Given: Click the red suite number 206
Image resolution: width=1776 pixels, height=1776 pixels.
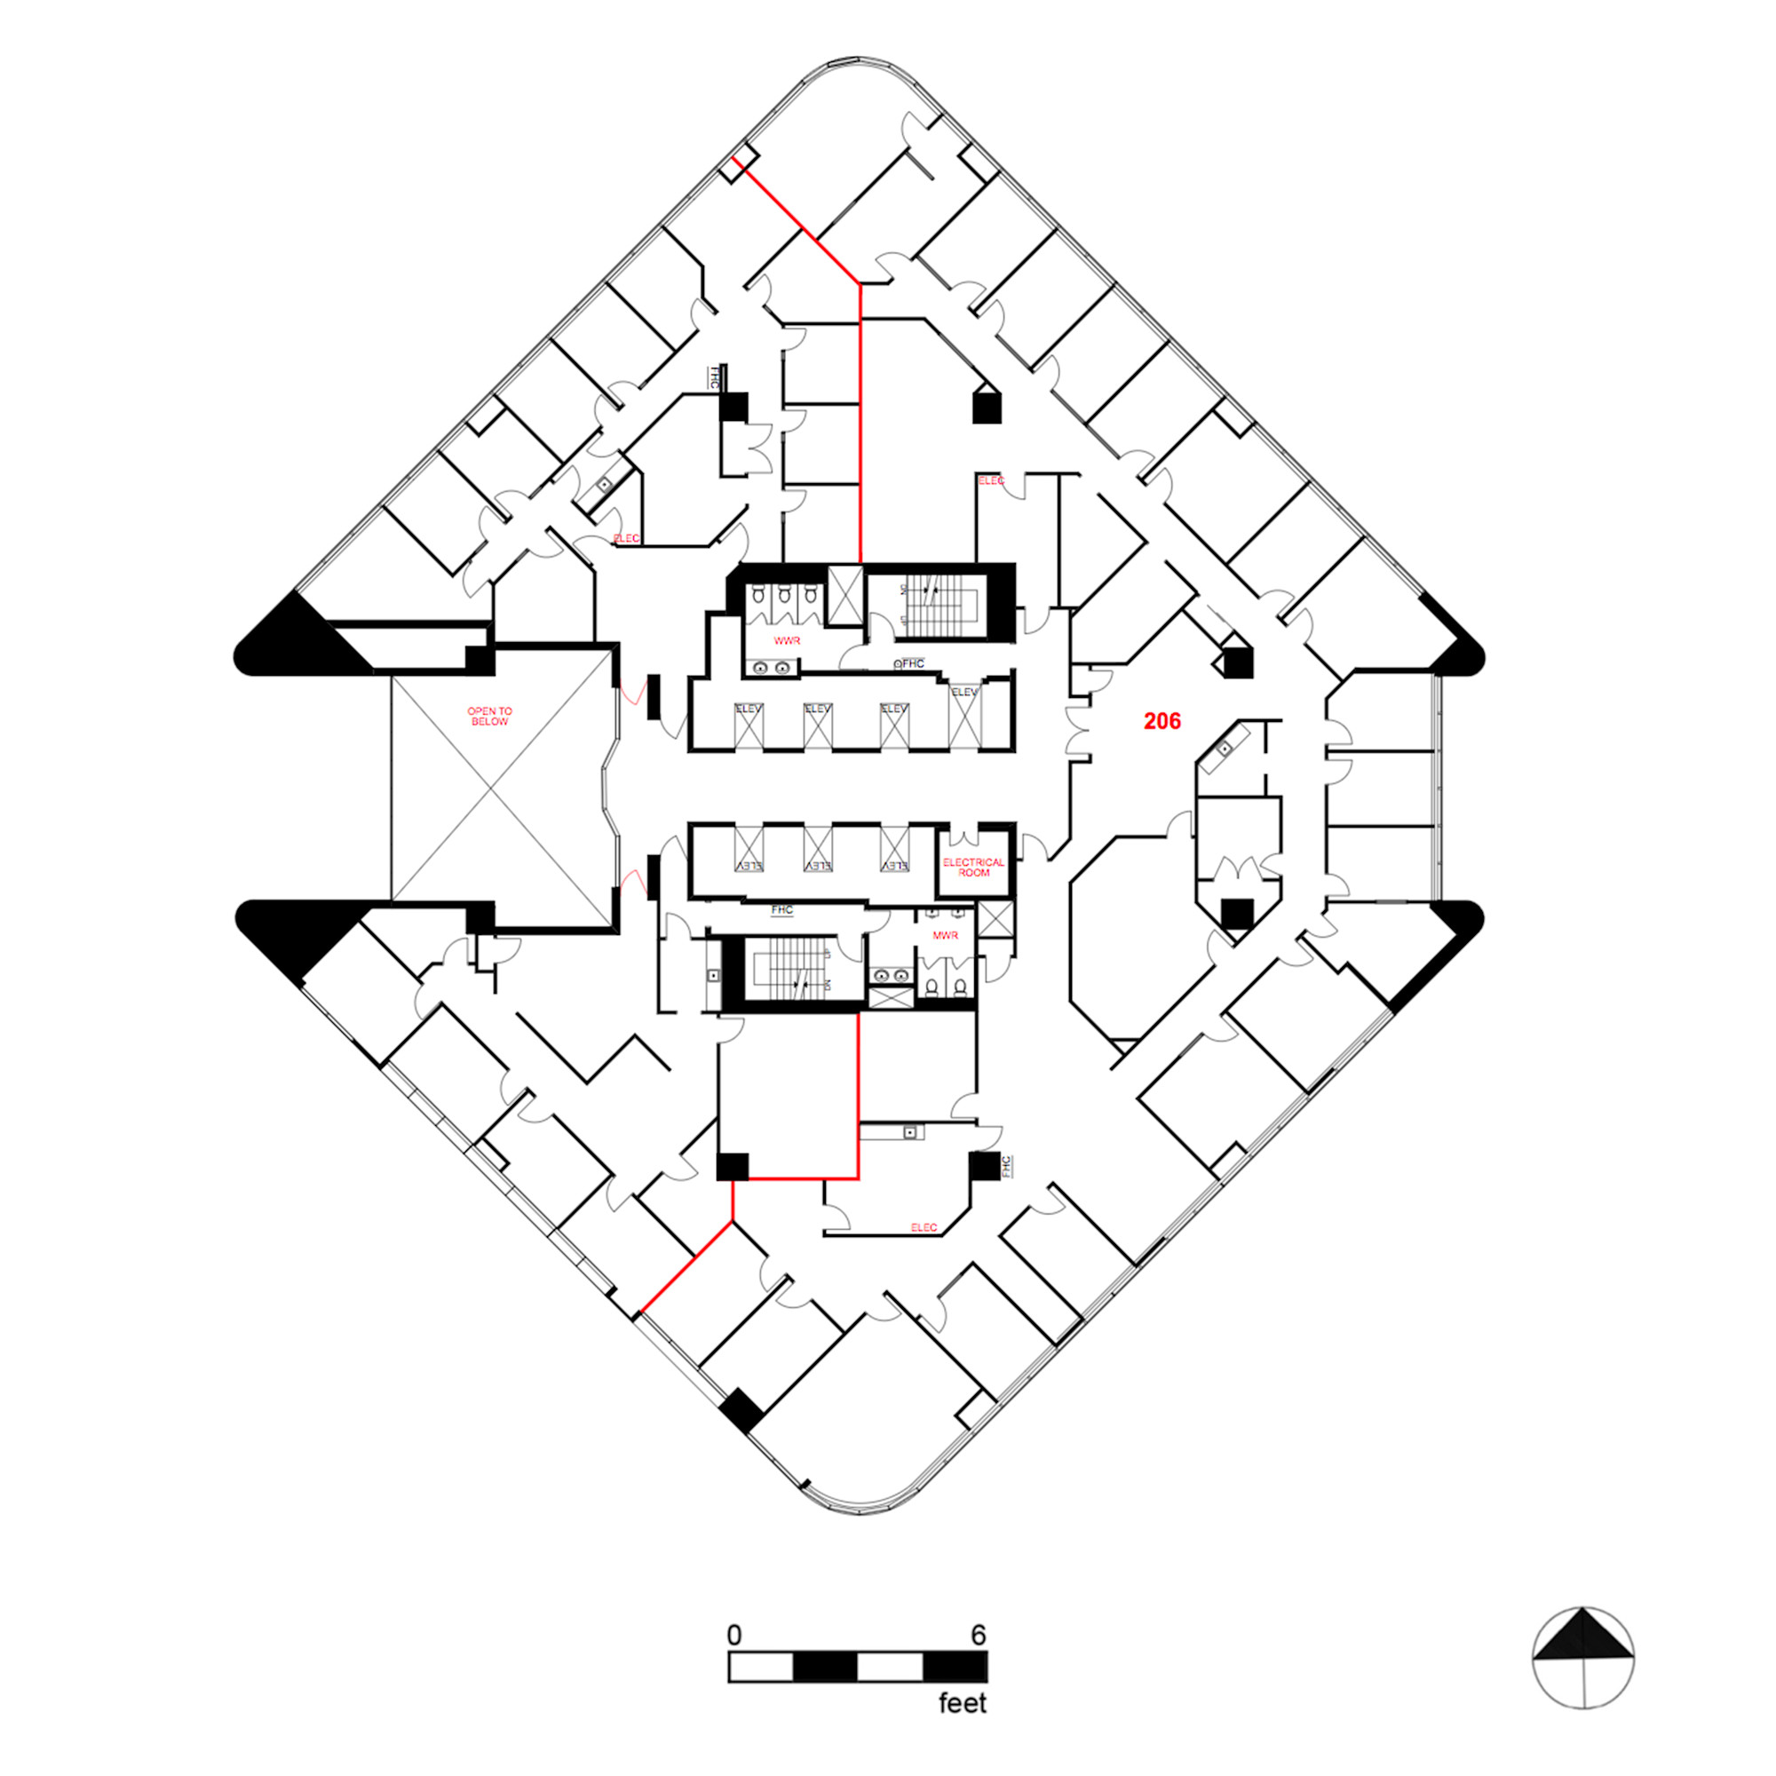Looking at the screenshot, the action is [x=1162, y=722].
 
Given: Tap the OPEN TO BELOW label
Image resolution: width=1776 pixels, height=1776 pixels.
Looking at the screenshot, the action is [x=489, y=716].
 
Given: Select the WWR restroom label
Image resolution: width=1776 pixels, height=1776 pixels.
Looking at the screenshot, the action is [x=786, y=641].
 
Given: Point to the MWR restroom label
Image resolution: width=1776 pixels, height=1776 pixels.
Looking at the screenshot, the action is [x=945, y=935].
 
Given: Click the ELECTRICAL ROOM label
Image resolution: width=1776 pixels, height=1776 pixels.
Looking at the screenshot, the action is [x=973, y=867].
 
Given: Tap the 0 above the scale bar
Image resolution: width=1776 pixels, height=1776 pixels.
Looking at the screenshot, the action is [x=733, y=1636].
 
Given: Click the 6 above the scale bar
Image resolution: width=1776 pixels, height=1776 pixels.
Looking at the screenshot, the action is [x=978, y=1636].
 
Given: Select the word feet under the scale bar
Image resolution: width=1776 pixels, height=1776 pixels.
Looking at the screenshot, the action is [x=963, y=1703].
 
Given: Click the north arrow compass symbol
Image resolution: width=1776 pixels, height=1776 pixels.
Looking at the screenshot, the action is [x=1583, y=1658].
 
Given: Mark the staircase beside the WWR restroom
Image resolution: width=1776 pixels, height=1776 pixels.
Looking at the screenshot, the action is [x=928, y=607].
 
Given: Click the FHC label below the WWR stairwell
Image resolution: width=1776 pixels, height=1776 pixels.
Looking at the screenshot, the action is [x=912, y=663].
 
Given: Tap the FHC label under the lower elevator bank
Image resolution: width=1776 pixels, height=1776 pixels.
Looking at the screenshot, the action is [x=781, y=910].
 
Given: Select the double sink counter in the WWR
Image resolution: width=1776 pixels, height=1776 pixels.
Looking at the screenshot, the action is [x=773, y=669].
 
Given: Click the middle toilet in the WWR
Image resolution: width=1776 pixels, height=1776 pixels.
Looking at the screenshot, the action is [x=783, y=596].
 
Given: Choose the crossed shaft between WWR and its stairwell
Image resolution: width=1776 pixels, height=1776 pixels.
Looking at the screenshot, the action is [x=844, y=595].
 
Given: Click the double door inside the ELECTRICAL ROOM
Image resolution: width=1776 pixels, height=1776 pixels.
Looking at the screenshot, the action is [x=963, y=838].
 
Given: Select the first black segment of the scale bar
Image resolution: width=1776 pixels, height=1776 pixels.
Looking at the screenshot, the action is [x=825, y=1666].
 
